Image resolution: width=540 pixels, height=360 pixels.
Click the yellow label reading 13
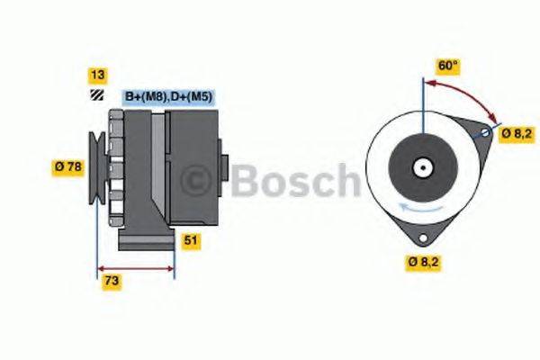point(94,75)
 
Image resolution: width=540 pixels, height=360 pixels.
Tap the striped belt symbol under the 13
point(94,94)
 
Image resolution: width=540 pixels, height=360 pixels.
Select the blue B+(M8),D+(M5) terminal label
point(167,96)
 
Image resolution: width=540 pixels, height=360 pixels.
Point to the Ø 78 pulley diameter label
point(69,166)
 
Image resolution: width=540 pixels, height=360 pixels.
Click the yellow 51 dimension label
point(190,240)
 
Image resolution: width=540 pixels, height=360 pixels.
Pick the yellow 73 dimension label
point(112,282)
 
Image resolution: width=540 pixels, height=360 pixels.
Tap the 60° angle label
point(448,66)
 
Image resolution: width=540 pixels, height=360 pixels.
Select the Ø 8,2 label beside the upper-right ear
point(517,132)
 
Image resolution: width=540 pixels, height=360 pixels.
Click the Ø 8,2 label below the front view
point(421,263)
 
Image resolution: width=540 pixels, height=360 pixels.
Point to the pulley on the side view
point(96,166)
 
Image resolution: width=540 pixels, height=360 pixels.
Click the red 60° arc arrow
point(468,94)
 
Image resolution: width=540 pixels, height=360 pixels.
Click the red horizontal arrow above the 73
point(135,267)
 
